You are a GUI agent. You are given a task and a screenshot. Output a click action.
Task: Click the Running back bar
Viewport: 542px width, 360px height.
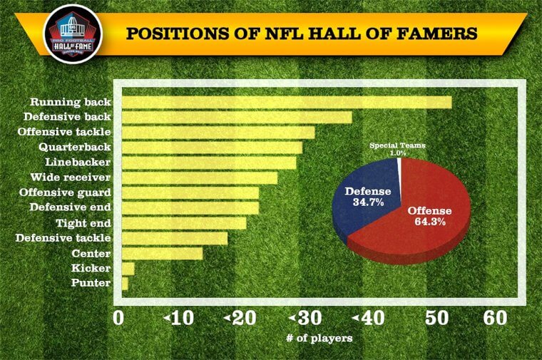tap(285, 102)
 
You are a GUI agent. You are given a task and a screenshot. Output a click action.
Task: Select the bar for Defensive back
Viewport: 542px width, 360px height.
tap(236, 117)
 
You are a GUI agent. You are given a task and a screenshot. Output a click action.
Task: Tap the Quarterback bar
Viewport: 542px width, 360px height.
tap(211, 148)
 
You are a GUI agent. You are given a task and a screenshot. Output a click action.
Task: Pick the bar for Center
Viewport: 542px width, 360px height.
tap(161, 253)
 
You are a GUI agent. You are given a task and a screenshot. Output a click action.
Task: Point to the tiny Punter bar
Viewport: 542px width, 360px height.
tap(124, 284)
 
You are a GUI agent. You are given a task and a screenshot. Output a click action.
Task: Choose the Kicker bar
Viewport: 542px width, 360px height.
tap(128, 269)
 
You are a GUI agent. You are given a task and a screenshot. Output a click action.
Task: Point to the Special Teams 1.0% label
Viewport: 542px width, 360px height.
tap(397, 149)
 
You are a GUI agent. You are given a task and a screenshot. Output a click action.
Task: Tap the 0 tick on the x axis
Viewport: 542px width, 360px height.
tap(119, 319)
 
